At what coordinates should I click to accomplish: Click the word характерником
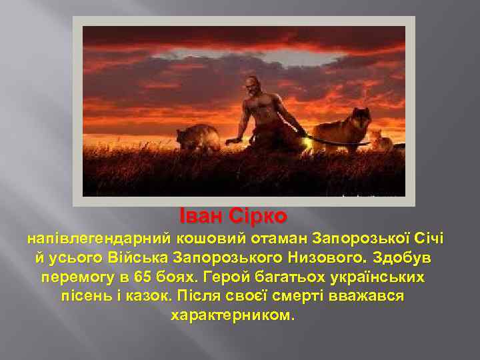coord(231,314)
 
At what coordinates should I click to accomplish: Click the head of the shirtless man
coord(251,85)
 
